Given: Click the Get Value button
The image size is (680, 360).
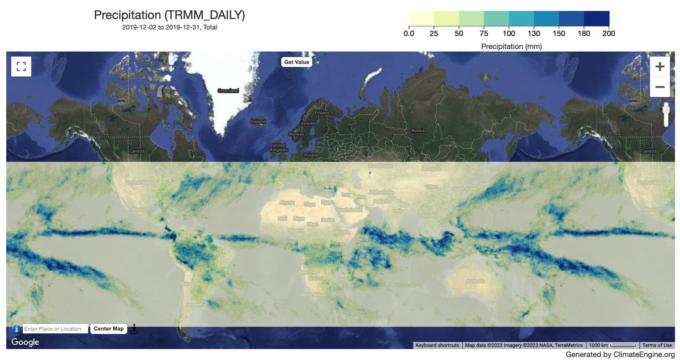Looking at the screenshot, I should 296,62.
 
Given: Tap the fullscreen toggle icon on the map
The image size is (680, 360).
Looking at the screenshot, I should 21,66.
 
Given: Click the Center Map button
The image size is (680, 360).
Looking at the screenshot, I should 108,329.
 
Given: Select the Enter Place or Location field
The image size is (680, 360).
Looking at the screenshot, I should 55,329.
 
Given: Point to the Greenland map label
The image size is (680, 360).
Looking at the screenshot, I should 228,91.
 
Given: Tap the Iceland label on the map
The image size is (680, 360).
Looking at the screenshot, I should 258,121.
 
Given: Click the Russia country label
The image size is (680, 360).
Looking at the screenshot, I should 418,131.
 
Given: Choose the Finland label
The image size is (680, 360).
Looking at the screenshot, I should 322,113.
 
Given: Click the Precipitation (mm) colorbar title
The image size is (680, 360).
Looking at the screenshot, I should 511,46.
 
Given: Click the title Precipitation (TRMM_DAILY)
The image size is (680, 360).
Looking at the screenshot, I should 169,15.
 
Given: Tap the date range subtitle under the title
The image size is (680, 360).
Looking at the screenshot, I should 169,27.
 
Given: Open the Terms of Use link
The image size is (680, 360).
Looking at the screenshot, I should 657,345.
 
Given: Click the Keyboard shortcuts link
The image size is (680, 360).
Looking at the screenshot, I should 437,345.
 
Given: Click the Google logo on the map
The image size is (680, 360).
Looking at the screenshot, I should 25,342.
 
